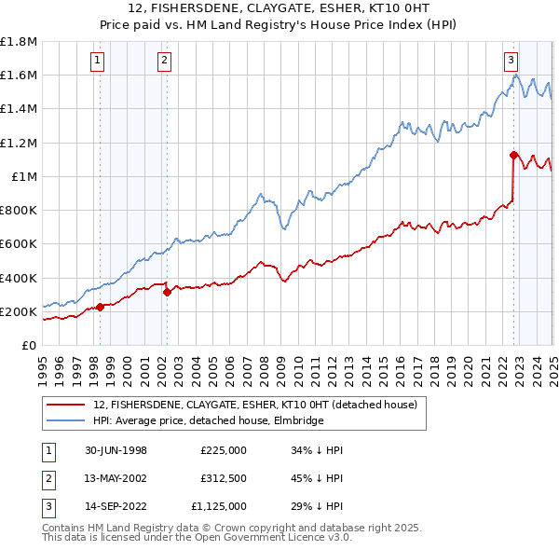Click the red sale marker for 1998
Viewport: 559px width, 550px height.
(x=100, y=307)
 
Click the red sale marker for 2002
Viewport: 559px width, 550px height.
(x=167, y=292)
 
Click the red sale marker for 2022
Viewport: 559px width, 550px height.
(x=513, y=155)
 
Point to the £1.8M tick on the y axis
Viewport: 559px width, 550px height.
(x=20, y=42)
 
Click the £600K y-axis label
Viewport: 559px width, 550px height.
(x=20, y=244)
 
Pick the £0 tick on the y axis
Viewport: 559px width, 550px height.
(x=30, y=345)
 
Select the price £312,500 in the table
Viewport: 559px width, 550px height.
(x=223, y=479)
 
